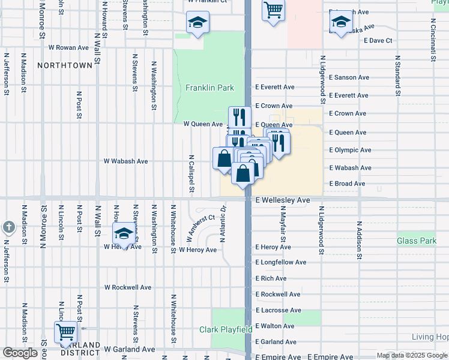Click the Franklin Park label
(x=209, y=88)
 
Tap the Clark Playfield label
(x=225, y=329)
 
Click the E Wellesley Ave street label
(x=282, y=200)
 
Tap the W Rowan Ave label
(x=68, y=47)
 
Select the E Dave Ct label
(x=378, y=41)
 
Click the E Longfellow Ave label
(x=280, y=262)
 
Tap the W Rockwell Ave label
(x=128, y=287)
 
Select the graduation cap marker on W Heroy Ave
(x=124, y=233)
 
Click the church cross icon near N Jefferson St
(x=8, y=227)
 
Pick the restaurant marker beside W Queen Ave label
(x=239, y=116)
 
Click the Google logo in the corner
(x=20, y=353)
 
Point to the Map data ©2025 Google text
(x=412, y=355)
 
